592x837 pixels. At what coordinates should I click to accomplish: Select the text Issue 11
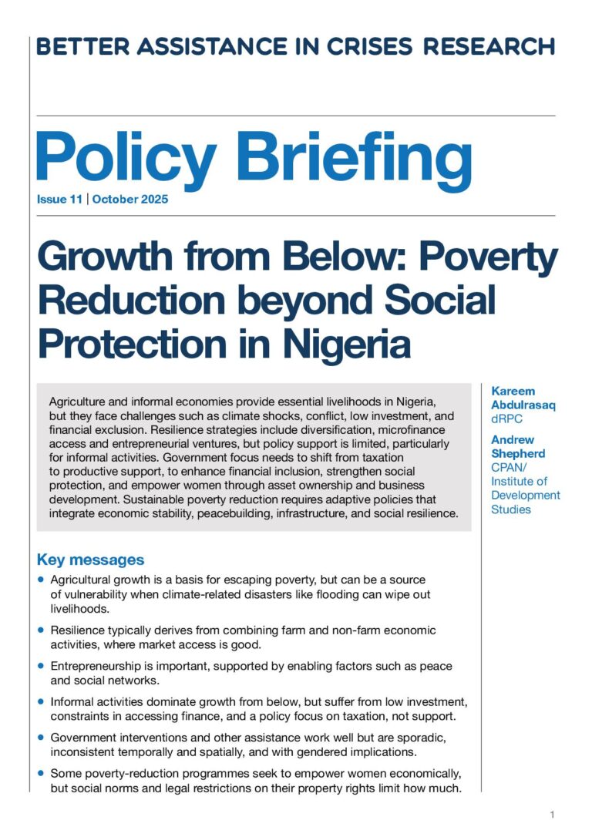[x=60, y=200]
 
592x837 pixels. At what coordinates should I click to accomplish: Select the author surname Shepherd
[x=517, y=453]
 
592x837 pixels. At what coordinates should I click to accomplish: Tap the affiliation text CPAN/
[x=510, y=467]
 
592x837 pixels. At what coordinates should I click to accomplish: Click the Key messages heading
[x=90, y=560]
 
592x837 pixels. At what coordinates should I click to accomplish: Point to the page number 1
[x=553, y=815]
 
